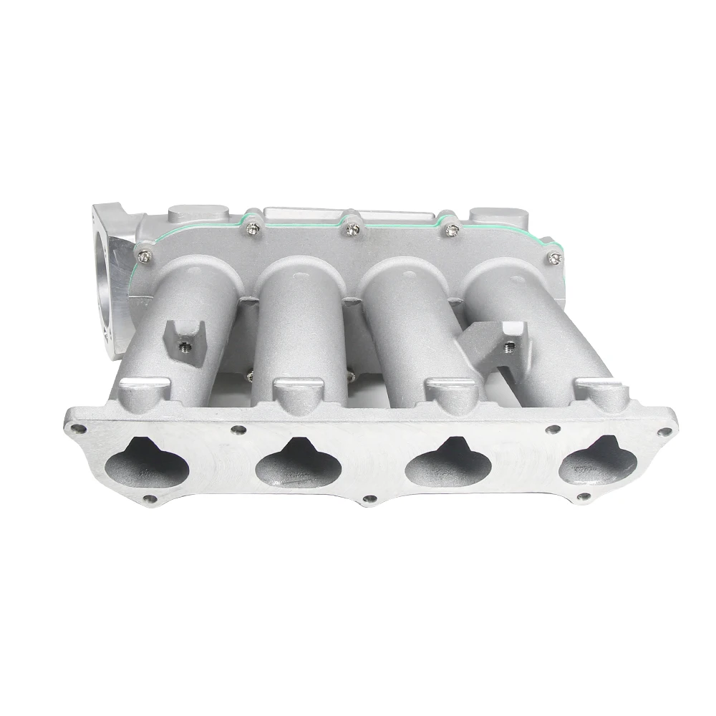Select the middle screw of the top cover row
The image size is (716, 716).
tap(352, 229)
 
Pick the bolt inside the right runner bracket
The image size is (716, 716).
tap(508, 347)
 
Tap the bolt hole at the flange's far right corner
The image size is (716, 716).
tap(665, 432)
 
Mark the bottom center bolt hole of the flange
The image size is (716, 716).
tap(369, 499)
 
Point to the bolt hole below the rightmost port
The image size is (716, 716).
tap(584, 496)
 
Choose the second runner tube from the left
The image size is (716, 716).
tap(301, 315)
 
